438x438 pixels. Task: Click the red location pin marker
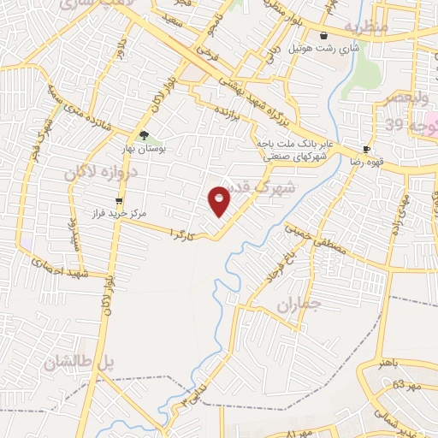tap(220, 199)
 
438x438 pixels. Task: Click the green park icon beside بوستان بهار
tap(144, 135)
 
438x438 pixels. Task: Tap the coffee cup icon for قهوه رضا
tap(366, 149)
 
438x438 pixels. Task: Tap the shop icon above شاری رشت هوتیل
tap(324, 36)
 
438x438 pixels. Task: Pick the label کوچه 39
tap(405, 125)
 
